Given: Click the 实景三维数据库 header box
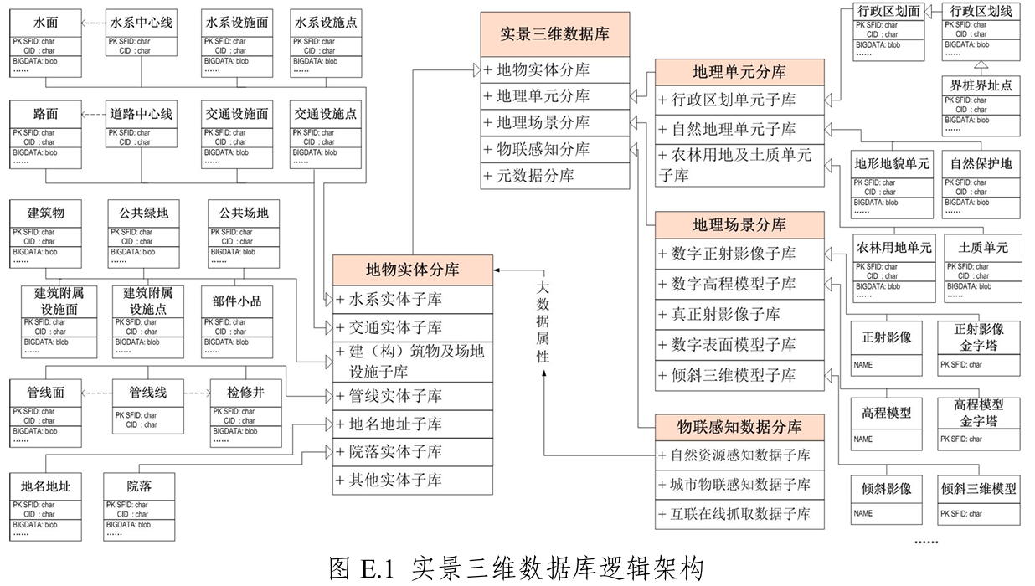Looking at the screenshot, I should point(554,34).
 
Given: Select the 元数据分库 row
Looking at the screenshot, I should point(554,176).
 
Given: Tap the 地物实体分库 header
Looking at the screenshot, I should point(412,270).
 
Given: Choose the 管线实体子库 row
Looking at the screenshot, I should point(412,396).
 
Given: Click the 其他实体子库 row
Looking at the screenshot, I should point(412,480).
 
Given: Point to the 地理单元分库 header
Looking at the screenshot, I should point(739,71).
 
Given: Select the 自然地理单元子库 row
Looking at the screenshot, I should point(739,129).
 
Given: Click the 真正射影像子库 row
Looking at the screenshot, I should point(739,314).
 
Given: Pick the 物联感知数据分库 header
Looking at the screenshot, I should point(739,427).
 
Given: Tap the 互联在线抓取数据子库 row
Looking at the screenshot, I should point(739,513).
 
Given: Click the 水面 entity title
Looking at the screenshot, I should point(45,23).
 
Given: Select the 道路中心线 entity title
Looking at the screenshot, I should point(142,114).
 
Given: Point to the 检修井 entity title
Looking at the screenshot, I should point(245,392).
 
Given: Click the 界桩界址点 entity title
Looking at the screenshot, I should point(981,85).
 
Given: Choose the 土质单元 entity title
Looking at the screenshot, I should point(983,248).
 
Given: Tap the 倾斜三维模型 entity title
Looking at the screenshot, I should point(978,489).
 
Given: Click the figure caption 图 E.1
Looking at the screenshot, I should point(517,568).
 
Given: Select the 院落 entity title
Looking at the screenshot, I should point(139,486).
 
